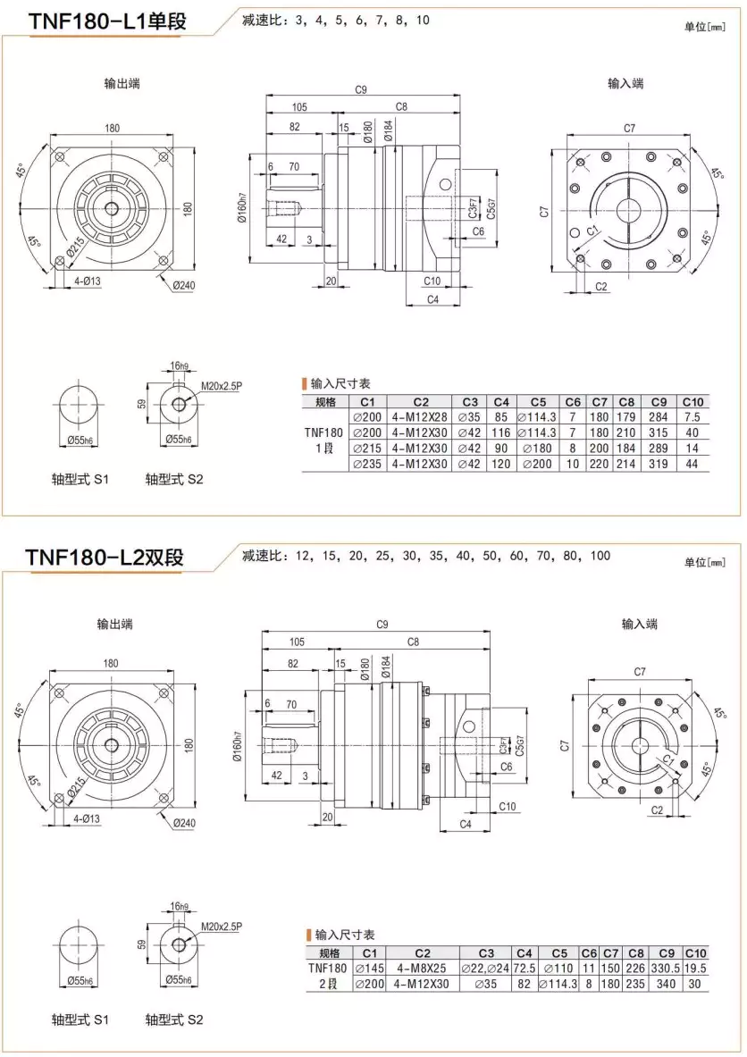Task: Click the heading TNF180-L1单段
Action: point(107,22)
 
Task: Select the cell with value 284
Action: point(659,416)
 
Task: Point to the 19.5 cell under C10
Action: point(695,968)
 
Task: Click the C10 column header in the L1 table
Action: point(693,401)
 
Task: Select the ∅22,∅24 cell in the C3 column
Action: point(485,968)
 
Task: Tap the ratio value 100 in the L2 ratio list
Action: point(600,556)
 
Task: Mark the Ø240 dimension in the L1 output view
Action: point(184,285)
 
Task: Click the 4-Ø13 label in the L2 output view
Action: point(88,818)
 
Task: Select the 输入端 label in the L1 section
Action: point(625,83)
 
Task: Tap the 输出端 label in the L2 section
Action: point(116,623)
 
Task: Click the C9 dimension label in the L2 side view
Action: point(382,623)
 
